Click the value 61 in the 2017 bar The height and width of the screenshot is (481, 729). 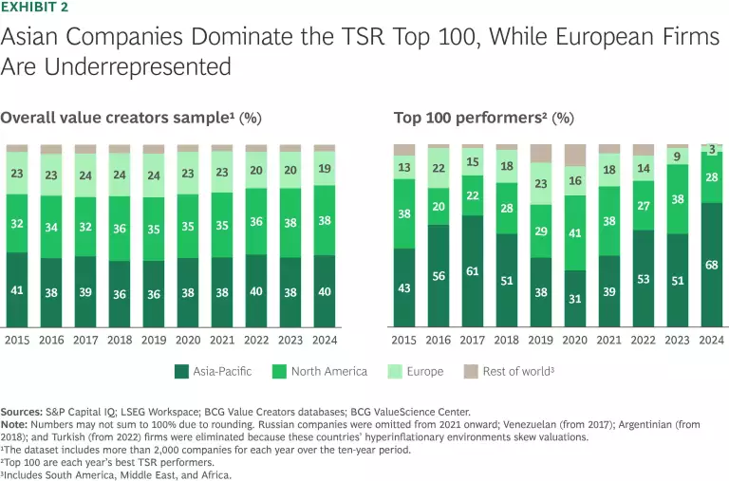tap(473, 270)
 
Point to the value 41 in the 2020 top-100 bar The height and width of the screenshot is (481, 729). tap(575, 232)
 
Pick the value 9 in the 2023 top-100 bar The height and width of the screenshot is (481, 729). tap(678, 157)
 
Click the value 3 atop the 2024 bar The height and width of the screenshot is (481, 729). tap(712, 148)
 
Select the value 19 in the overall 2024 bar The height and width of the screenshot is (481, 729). tap(325, 170)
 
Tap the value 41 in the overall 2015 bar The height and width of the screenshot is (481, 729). tap(17, 290)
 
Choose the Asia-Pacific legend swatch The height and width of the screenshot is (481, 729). tap(181, 371)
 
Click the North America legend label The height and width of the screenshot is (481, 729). tap(330, 371)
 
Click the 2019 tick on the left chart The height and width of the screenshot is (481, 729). tap(154, 338)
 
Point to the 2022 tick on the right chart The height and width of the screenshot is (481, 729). tap(644, 338)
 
